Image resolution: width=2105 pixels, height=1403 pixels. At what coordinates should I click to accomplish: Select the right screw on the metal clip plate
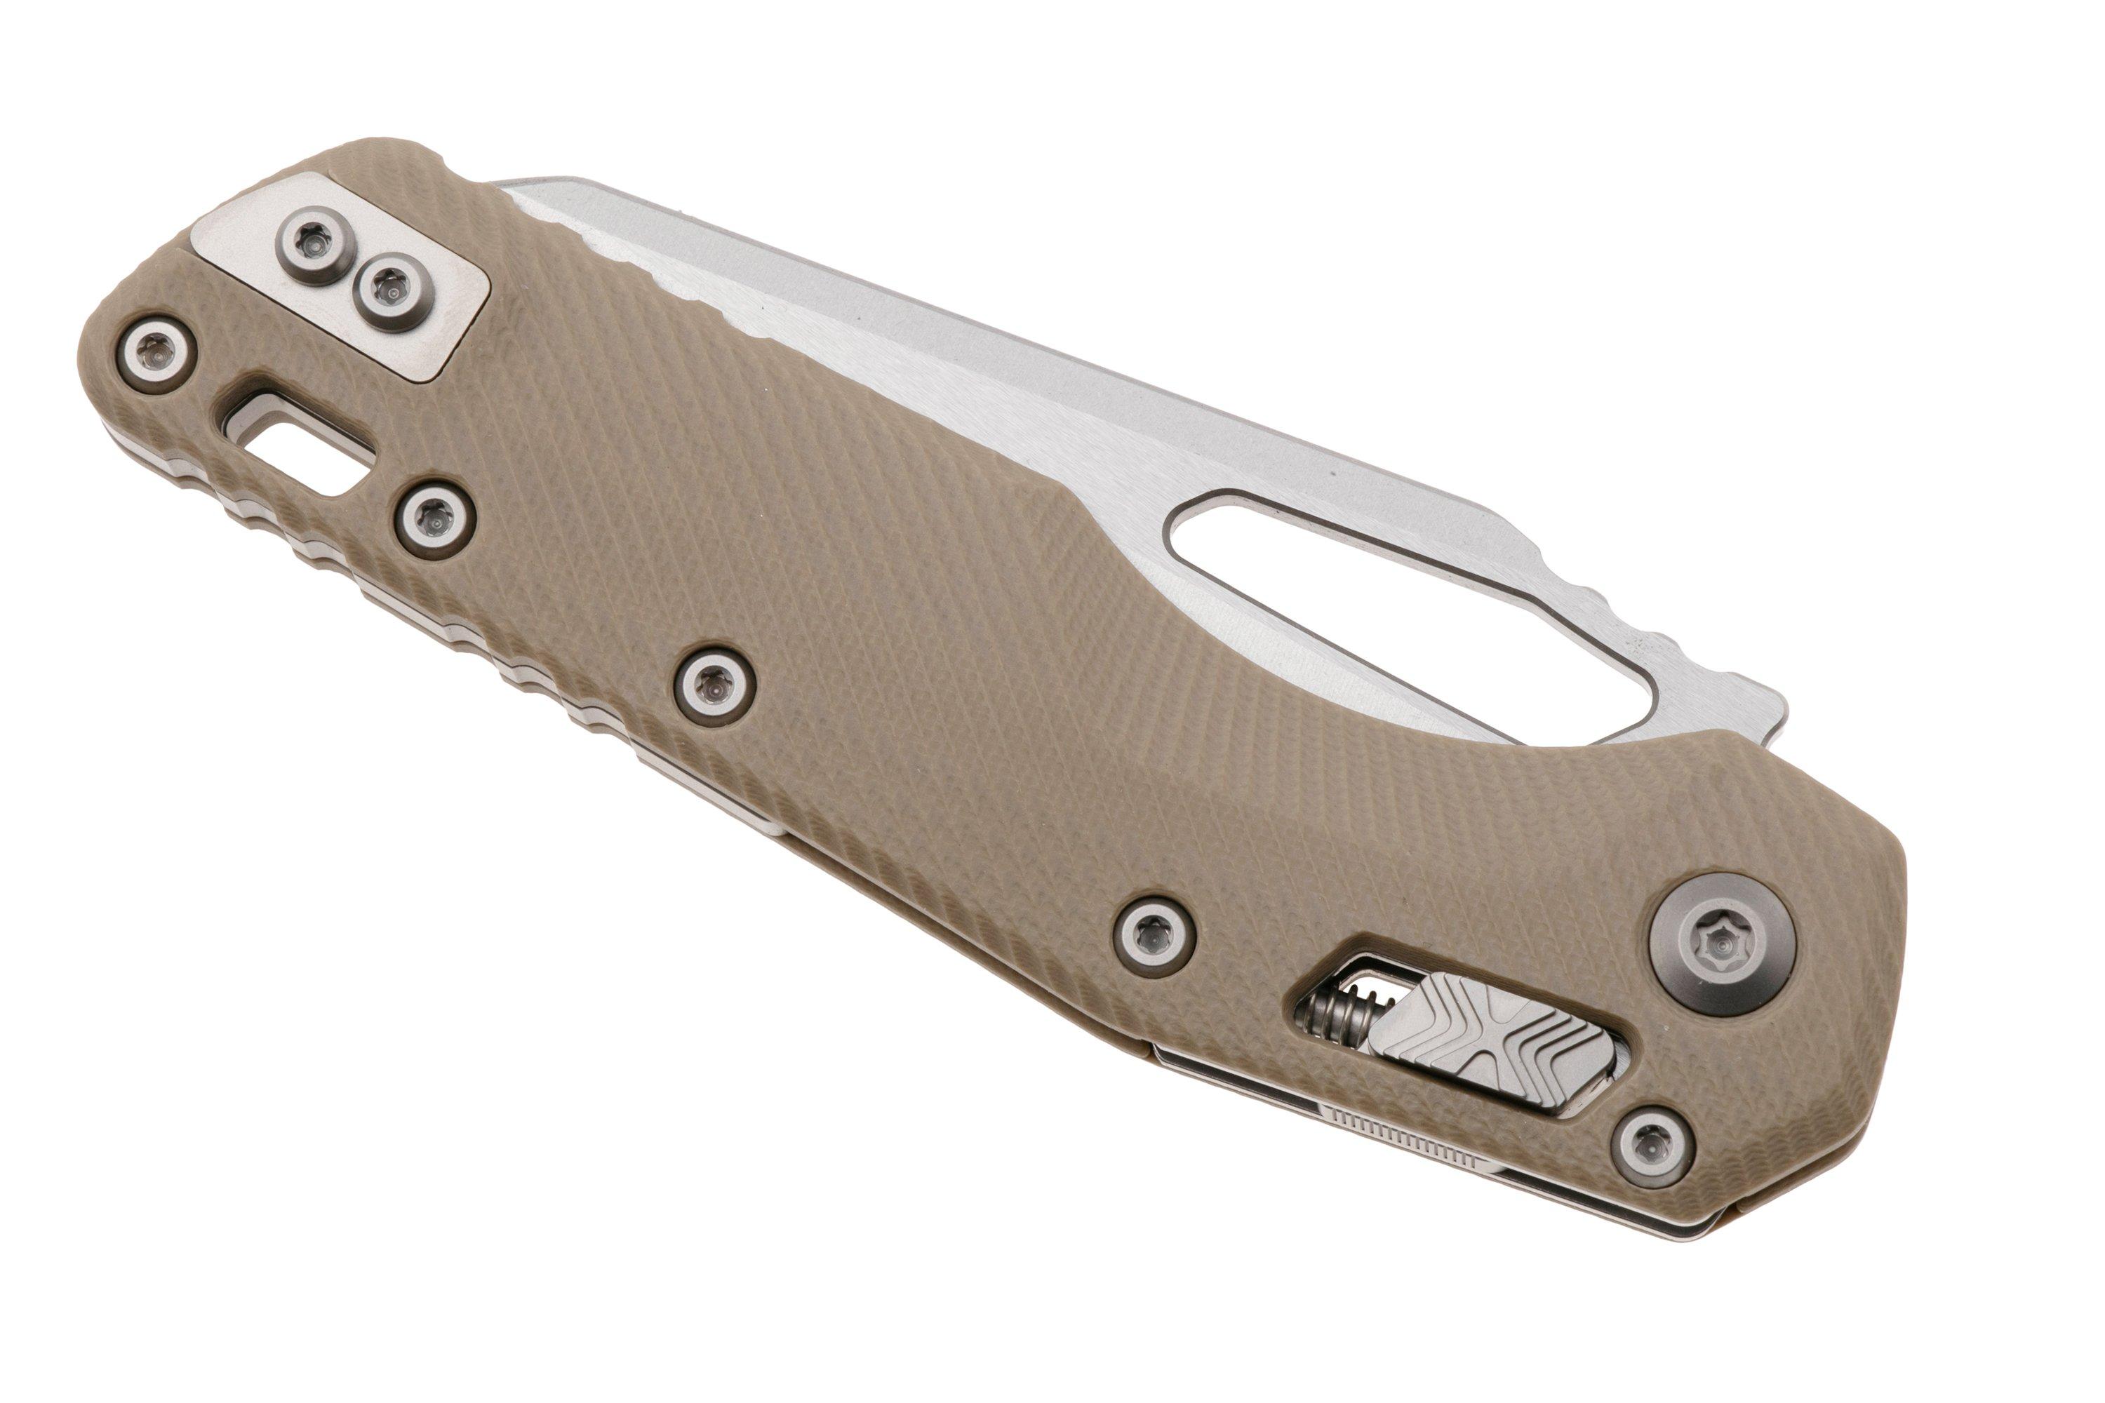pos(390,289)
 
